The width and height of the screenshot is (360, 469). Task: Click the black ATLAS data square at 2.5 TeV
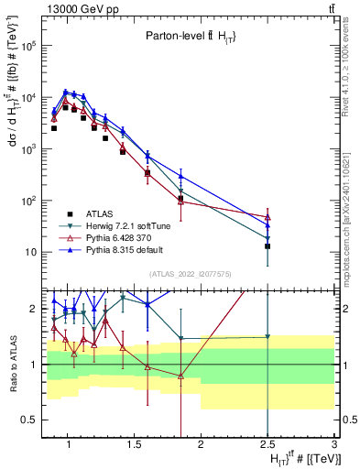coord(267,246)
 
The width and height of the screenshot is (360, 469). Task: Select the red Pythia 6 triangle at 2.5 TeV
coord(267,217)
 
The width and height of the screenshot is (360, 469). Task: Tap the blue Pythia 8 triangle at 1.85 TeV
coord(181,176)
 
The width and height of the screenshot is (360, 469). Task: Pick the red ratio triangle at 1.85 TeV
coord(181,376)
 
